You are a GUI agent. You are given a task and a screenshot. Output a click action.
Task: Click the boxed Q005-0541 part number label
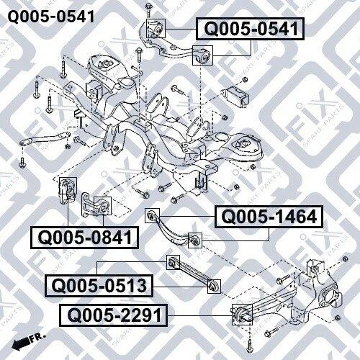point(251,29)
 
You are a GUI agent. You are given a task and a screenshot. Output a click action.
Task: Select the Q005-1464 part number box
point(269,217)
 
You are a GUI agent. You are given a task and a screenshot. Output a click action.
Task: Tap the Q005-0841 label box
point(85,238)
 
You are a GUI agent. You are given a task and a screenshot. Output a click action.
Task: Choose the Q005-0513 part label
point(99,286)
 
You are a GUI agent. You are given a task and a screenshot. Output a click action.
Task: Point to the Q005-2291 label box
point(114,315)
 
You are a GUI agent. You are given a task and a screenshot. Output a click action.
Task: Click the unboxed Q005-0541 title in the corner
point(51,17)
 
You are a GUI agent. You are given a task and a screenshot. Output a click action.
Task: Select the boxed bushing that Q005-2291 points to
point(242,315)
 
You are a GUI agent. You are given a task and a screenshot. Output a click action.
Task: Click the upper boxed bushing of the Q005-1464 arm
point(153,215)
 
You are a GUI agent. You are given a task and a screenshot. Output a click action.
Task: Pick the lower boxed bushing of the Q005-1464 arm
point(195,240)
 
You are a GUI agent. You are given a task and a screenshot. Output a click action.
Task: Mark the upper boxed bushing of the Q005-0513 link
point(173,262)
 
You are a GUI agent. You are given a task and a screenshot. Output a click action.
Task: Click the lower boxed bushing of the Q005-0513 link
point(214,287)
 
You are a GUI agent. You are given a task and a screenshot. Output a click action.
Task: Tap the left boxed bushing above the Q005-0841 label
point(68,186)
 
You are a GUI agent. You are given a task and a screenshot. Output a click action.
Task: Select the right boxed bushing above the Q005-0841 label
point(102,206)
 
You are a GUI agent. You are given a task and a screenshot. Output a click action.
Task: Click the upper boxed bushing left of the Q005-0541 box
point(156,28)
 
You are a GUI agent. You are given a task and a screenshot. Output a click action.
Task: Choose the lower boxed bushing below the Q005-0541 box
point(202,55)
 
